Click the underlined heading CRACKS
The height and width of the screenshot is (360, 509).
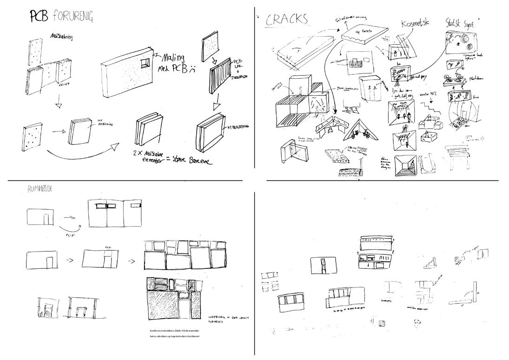coord(286,19)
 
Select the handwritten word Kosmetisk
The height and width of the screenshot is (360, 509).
coord(416,23)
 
